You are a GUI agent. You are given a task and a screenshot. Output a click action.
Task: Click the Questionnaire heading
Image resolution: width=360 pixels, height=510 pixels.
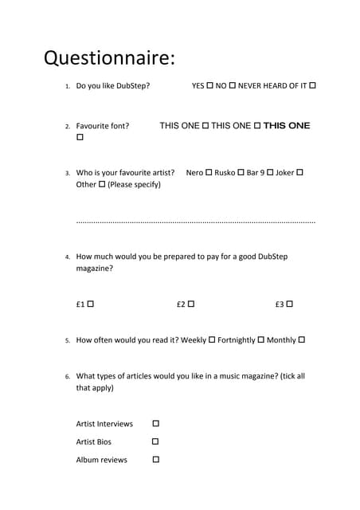point(108,58)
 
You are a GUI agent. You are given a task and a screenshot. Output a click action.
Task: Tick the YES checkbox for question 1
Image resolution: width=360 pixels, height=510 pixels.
point(209,85)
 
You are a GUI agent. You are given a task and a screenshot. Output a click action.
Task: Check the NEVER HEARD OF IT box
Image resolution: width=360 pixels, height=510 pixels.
point(312,85)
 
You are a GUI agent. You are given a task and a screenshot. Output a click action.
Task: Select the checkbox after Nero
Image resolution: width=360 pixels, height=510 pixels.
point(209,172)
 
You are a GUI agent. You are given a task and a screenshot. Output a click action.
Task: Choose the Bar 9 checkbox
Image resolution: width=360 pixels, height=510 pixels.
point(270,172)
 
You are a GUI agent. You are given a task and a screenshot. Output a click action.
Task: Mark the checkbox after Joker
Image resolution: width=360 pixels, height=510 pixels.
point(300,172)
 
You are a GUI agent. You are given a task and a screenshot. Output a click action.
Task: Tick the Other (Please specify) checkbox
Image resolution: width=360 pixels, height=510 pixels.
point(102,185)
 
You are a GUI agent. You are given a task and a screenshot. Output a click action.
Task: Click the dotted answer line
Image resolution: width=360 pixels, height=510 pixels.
point(195,222)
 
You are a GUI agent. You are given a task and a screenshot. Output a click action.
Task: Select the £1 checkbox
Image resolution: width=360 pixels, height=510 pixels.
point(91,304)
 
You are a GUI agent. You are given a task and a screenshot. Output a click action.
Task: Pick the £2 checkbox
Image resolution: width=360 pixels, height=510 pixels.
point(191,304)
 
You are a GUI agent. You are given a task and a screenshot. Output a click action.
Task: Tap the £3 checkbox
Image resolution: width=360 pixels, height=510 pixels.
point(290,304)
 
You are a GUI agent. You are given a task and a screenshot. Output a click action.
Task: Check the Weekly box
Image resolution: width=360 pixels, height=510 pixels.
point(212,340)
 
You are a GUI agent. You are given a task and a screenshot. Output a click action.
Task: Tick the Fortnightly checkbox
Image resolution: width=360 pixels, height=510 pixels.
point(261,340)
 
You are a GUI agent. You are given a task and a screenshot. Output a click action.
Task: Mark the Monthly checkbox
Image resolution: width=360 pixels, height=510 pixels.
point(302,340)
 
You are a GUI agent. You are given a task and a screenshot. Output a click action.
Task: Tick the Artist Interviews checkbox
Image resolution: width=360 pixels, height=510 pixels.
point(155,424)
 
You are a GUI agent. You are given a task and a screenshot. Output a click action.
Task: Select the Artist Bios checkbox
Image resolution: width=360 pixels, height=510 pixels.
point(155,441)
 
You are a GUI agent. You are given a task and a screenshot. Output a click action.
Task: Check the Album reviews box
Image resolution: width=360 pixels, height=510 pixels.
point(155,460)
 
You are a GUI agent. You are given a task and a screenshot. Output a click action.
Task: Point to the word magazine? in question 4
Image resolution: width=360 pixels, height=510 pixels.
point(94,269)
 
